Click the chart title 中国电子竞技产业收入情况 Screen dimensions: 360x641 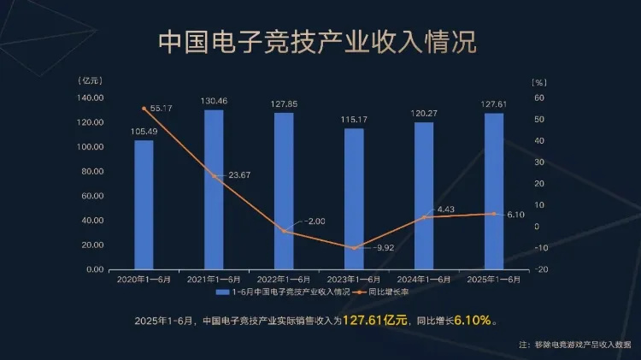tap(318, 42)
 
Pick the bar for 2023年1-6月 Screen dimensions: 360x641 tap(354, 198)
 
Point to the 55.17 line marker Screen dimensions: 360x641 tap(144, 109)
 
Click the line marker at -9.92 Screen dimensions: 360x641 tap(354, 248)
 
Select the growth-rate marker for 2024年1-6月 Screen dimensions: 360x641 tap(424, 217)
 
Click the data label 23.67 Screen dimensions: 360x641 tap(239, 176)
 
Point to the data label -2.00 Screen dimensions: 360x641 tap(315, 221)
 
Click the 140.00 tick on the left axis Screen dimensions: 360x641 tap(90, 98)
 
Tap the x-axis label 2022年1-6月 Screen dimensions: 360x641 tap(285, 279)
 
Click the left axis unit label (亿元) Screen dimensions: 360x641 tap(90, 80)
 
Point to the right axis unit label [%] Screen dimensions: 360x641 tap(538, 82)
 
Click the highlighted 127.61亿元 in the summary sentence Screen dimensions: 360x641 tap(375, 321)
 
